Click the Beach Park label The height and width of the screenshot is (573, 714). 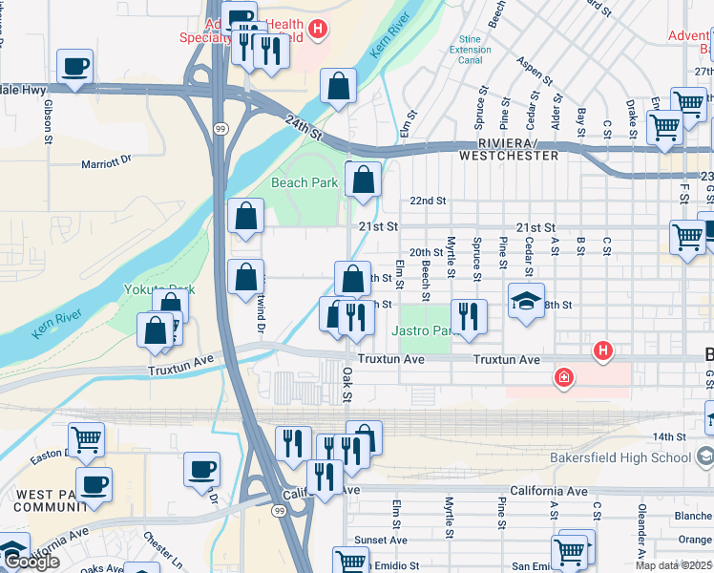304,182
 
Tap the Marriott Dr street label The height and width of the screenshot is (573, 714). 118,162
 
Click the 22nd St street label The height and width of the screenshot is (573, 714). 428,201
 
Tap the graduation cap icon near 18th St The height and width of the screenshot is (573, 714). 527,301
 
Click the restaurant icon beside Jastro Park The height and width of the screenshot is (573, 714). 468,317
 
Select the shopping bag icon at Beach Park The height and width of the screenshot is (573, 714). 364,179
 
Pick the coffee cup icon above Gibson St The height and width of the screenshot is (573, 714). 74,67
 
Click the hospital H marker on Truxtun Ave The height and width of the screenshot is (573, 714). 602,352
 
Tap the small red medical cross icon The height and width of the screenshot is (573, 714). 564,379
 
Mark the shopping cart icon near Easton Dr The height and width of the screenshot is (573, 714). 86,439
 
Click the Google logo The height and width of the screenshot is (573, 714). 31,562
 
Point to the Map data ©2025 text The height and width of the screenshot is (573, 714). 674,565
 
